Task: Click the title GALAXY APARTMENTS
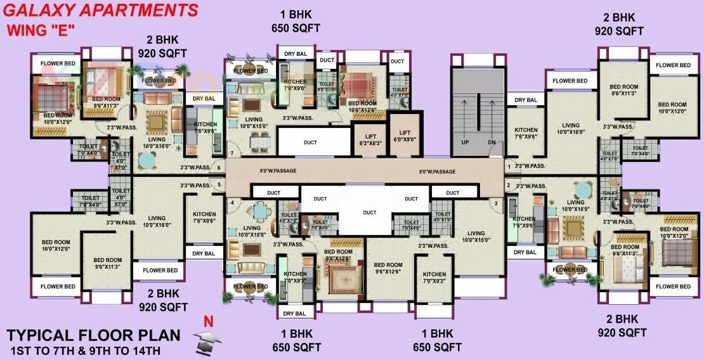click(101, 10)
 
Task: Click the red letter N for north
click(207, 321)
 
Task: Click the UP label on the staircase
click(465, 143)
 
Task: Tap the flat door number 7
click(232, 153)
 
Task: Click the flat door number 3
click(495, 202)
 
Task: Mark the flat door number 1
click(508, 167)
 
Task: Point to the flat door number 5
click(219, 185)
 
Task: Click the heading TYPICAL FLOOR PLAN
click(93, 335)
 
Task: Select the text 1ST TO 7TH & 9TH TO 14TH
click(85, 350)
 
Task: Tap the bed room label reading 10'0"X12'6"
click(362, 106)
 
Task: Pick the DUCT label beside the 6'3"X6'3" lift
click(310, 143)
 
